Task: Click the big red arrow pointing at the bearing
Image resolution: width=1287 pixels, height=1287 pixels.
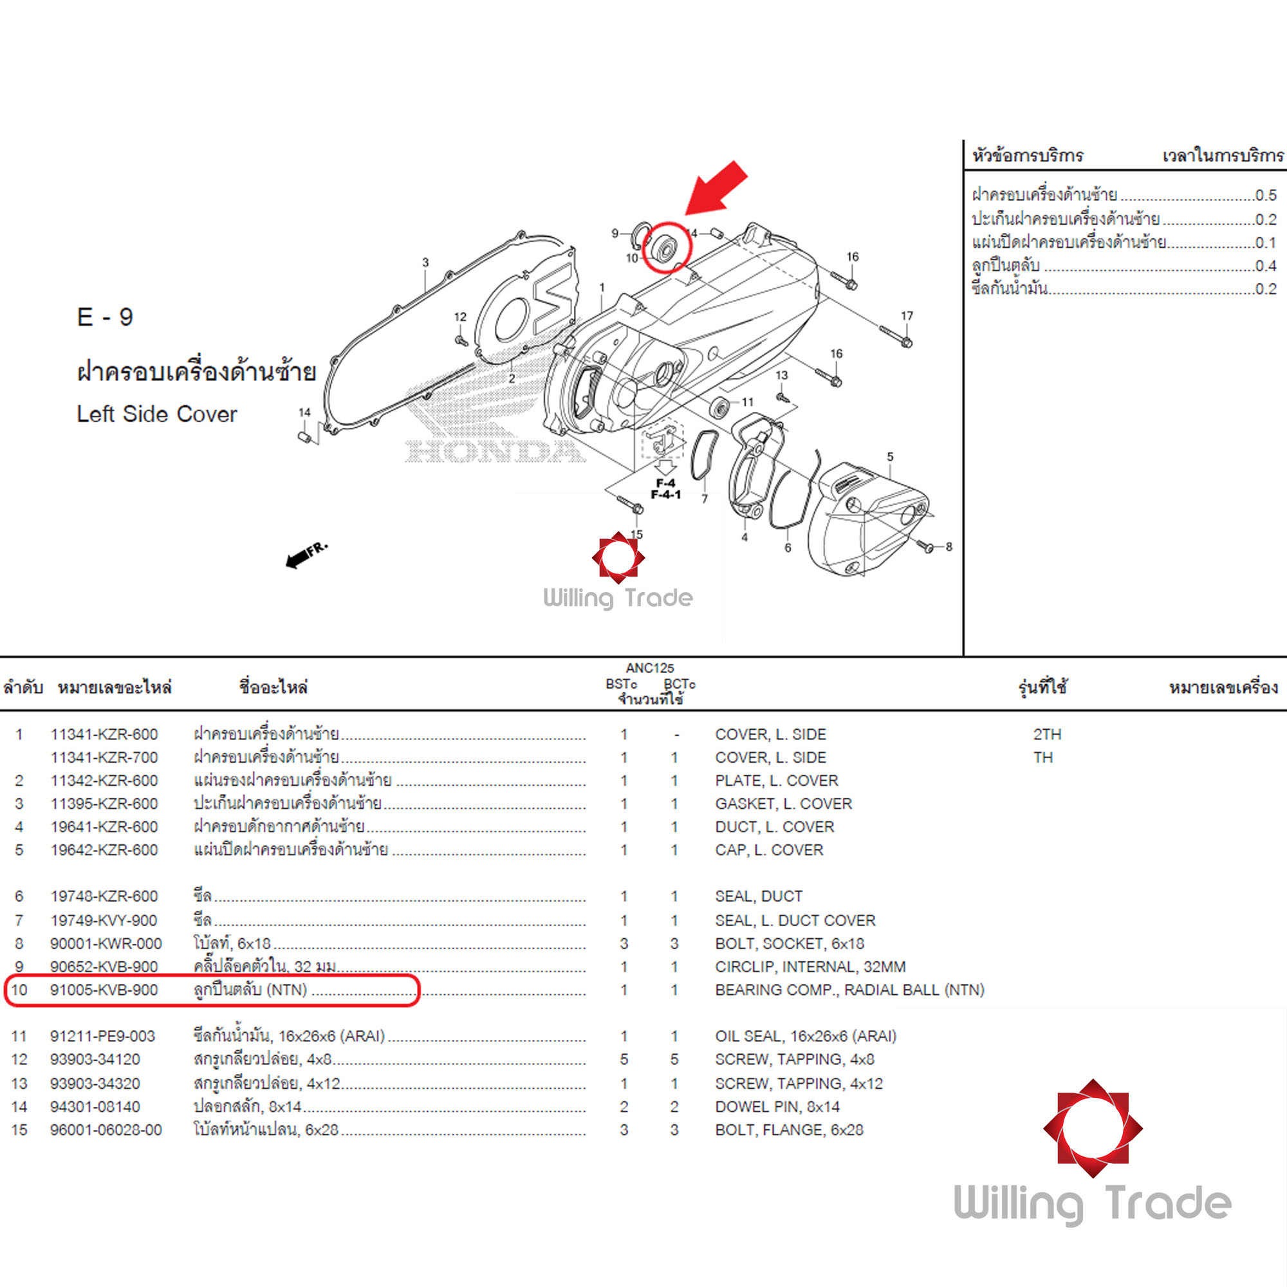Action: click(718, 188)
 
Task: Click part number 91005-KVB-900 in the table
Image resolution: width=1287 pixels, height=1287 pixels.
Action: click(104, 990)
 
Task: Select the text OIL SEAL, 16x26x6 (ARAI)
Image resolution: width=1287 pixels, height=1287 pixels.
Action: click(806, 1036)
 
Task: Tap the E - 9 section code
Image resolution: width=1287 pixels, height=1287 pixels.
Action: click(106, 317)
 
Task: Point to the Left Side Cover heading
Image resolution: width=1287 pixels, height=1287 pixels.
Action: click(156, 414)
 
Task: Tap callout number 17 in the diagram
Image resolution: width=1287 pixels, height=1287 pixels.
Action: click(907, 316)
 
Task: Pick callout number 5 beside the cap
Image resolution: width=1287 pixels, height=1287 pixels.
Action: click(890, 457)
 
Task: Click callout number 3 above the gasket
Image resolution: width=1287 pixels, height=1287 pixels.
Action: click(425, 263)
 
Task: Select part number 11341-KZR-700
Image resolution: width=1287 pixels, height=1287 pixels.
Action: click(104, 757)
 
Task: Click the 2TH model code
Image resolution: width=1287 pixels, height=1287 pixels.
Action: click(1046, 734)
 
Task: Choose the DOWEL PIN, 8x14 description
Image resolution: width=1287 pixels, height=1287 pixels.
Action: click(777, 1106)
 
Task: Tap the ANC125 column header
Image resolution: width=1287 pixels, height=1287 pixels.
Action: click(649, 667)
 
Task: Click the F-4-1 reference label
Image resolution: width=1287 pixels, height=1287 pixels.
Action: click(665, 495)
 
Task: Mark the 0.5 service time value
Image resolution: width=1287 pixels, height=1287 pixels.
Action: click(1265, 195)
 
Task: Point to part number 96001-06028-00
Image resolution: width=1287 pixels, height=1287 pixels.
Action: click(106, 1130)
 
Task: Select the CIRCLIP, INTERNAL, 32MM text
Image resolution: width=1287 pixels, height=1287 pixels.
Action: click(810, 967)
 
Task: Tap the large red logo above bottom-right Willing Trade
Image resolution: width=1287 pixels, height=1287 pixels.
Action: click(1093, 1129)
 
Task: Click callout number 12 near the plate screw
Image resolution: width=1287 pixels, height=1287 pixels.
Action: click(460, 317)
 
